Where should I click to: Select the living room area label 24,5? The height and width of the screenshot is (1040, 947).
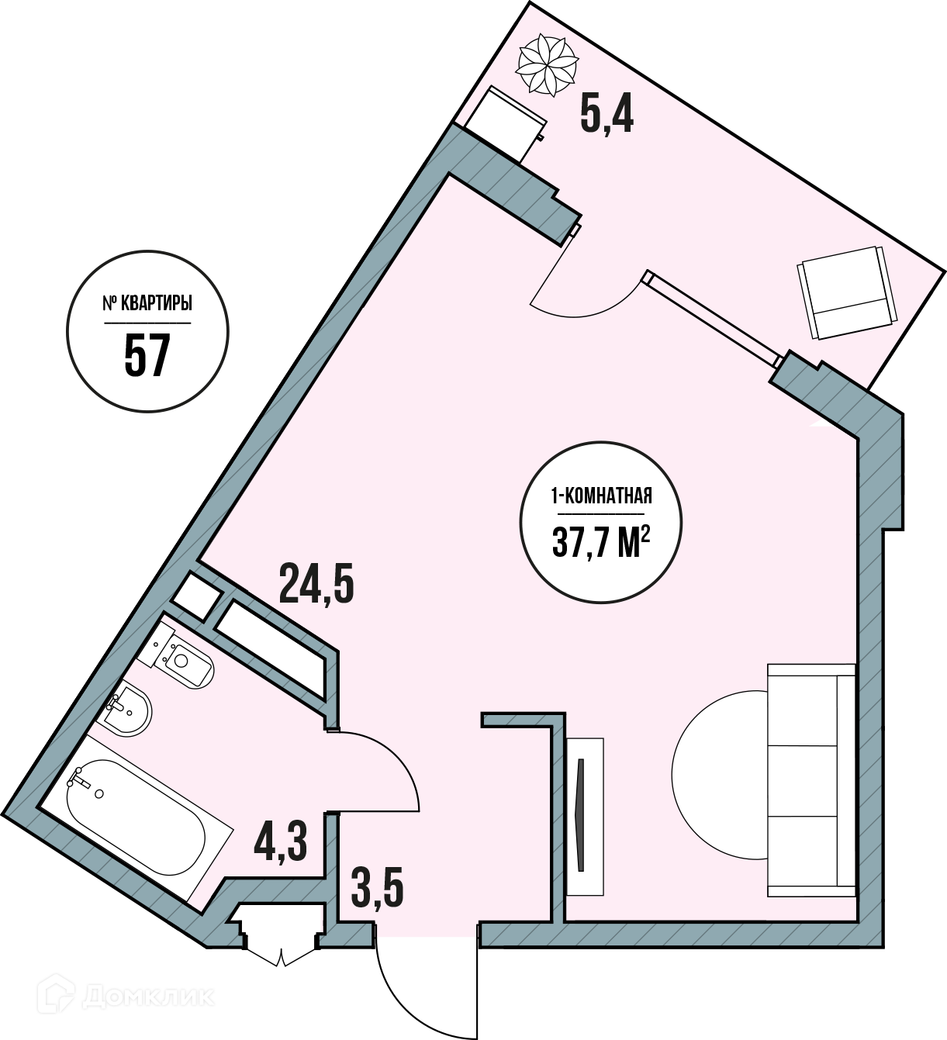316,583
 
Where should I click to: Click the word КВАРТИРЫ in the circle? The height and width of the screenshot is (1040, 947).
156,303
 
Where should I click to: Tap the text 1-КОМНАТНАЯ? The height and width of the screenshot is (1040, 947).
601,497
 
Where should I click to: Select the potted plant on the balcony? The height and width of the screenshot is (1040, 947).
548,64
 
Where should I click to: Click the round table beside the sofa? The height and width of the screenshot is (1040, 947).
719,773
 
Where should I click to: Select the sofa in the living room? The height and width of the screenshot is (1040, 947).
810,779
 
